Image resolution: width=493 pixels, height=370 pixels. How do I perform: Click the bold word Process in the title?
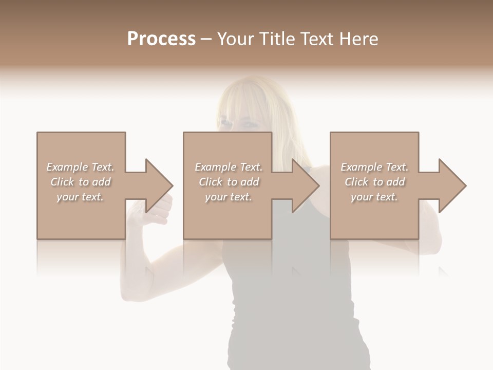click(x=161, y=39)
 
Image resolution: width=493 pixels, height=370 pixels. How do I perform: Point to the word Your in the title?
click(x=237, y=39)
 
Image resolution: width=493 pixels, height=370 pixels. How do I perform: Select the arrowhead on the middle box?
click(x=305, y=186)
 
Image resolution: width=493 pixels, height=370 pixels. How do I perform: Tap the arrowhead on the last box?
click(x=452, y=186)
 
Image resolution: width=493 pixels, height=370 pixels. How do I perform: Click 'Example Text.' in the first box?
click(x=80, y=167)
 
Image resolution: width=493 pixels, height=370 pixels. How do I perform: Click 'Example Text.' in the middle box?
click(x=228, y=167)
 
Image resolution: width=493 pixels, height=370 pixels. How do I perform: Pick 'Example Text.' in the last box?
click(x=374, y=167)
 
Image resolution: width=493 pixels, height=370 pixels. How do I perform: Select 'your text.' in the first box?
click(x=80, y=197)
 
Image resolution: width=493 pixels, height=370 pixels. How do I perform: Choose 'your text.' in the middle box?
click(x=228, y=197)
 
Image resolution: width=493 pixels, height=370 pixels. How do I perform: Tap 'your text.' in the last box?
click(x=374, y=197)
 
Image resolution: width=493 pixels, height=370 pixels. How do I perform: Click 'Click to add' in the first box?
click(x=80, y=182)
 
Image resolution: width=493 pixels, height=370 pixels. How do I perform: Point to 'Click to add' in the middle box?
click(x=228, y=182)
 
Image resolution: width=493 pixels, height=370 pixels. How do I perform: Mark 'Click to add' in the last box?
click(x=374, y=182)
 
